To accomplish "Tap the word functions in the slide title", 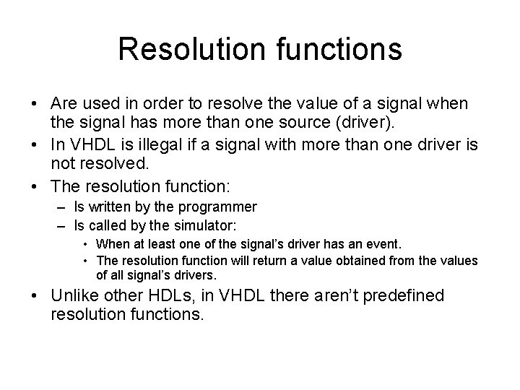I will point(329,49).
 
